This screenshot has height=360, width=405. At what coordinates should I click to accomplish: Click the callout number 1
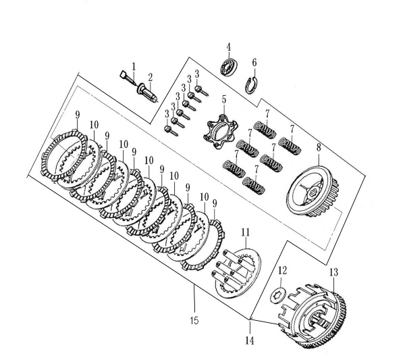click(134, 67)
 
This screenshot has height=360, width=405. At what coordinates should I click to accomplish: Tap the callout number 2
click(150, 78)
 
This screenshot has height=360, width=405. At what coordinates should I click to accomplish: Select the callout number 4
click(229, 47)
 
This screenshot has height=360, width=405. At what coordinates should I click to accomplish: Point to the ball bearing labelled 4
click(230, 67)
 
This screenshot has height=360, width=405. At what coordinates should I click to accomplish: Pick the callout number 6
click(254, 63)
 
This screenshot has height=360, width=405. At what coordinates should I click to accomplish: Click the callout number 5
click(223, 99)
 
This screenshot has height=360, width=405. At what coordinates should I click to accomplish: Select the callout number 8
click(319, 148)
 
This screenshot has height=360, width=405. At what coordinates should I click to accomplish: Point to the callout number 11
click(246, 232)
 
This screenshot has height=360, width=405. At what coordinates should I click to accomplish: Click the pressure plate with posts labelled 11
click(237, 274)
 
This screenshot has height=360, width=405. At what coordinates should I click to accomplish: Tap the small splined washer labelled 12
click(278, 295)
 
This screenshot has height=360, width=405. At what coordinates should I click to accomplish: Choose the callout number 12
click(282, 271)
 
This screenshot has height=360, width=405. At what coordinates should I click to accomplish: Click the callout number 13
click(333, 272)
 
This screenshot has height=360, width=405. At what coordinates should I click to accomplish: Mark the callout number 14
click(250, 341)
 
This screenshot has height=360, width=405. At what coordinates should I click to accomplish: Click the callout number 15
click(194, 321)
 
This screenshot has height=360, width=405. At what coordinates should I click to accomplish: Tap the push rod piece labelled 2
click(147, 92)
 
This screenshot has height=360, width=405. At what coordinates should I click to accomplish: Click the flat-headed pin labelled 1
click(128, 78)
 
